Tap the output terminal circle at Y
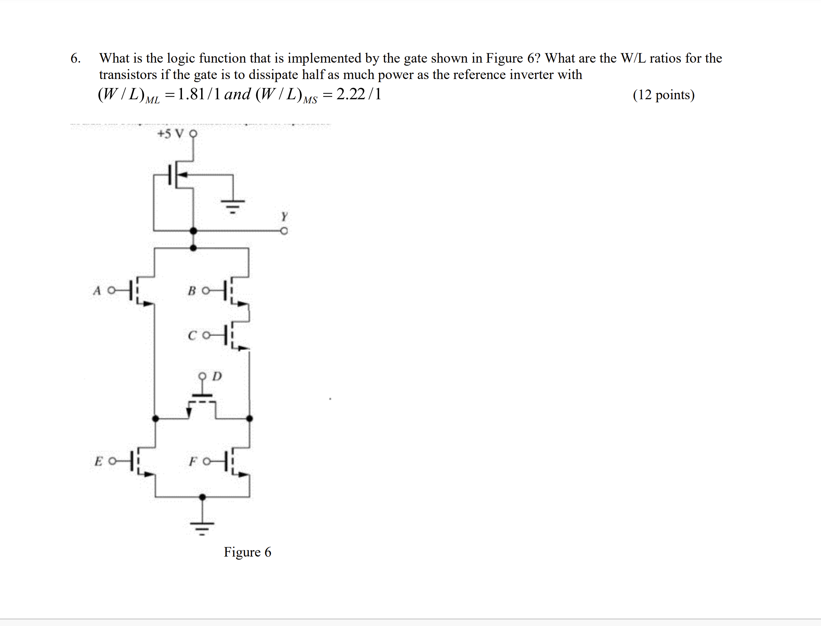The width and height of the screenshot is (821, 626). tap(284, 231)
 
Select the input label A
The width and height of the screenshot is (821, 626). tap(97, 291)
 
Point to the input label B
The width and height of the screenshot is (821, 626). tap(192, 291)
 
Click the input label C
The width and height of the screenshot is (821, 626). tap(192, 336)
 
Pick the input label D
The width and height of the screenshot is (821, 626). tap(217, 376)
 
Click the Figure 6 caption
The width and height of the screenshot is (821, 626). tap(247, 552)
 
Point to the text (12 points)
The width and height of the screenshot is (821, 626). tap(663, 95)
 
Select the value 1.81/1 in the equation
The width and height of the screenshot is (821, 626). tap(199, 95)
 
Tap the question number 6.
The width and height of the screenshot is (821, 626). tap(75, 58)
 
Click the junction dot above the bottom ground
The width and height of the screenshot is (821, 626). tap(203, 497)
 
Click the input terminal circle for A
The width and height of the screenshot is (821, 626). tap(111, 291)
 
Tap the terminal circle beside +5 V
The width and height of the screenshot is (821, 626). tap(193, 133)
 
